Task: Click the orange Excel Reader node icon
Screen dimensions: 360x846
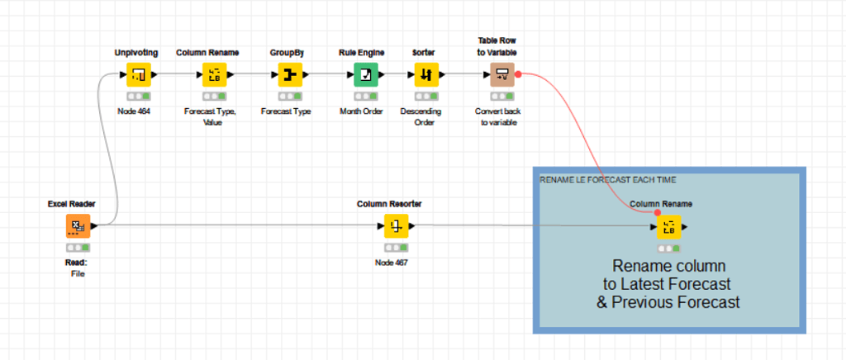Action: coord(78,225)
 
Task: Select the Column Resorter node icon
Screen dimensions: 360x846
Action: coord(396,225)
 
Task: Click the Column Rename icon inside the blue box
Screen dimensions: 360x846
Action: coord(668,227)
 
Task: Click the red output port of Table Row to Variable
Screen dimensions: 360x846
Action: coord(518,74)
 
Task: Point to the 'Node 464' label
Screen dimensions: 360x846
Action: coord(134,111)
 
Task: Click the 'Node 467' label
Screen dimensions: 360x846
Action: coord(392,262)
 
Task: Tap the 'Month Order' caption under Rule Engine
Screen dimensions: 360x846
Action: coord(361,111)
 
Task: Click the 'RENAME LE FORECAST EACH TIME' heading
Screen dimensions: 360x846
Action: coord(596,179)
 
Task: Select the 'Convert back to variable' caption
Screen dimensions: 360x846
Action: coord(497,117)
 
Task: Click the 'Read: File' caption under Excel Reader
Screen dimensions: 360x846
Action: coord(77,268)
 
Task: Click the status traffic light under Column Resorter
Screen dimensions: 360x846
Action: coord(396,247)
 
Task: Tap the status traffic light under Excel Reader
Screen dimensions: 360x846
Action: coord(78,247)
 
